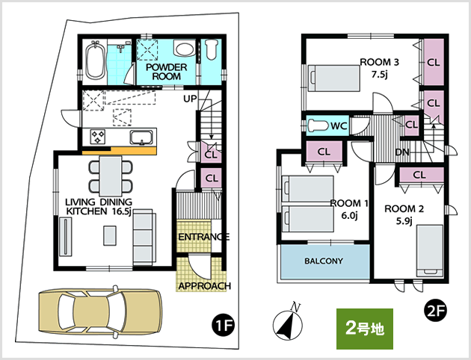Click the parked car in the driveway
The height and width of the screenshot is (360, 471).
100,311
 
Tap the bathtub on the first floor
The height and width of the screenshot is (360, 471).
96,60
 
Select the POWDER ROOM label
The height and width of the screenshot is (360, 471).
167,72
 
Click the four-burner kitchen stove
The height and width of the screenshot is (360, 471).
98,137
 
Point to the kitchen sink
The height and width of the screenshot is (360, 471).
141,137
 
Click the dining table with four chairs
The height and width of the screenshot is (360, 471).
111,176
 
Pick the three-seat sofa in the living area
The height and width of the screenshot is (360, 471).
144,237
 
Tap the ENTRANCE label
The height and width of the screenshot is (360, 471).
204,237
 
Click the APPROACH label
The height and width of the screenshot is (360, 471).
205,286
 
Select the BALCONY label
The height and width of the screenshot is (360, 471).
324,261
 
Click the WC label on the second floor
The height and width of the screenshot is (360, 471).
339,125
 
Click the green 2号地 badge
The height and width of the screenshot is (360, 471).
365,329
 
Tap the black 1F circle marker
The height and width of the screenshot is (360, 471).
222,326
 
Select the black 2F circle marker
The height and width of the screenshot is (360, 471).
436,312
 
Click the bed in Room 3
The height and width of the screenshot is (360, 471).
334,78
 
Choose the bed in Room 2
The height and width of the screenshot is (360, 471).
430,251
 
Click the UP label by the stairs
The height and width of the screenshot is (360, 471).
190,99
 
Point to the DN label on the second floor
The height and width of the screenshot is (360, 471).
402,152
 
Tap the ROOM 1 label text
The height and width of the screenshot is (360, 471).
348,204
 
